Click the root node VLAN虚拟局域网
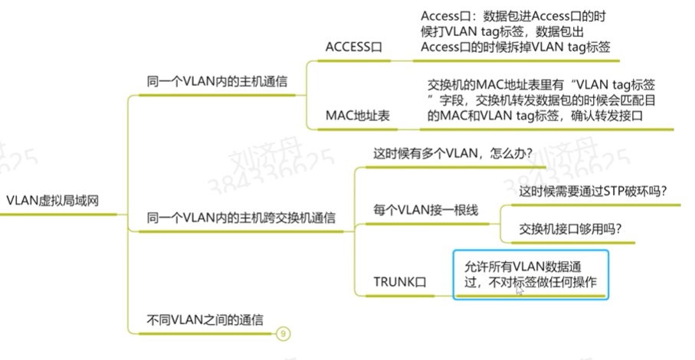pyautogui.click(x=53, y=201)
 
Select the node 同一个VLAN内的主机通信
pyautogui.click(x=217, y=81)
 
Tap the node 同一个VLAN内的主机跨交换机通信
pyautogui.click(x=241, y=218)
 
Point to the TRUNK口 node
pyautogui.click(x=398, y=282)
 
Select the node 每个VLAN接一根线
pyautogui.click(x=425, y=210)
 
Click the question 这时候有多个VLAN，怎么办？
pyautogui.click(x=452, y=152)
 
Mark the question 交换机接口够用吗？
pyautogui.click(x=570, y=228)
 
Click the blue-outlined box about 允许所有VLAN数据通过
pyautogui.click(x=530, y=274)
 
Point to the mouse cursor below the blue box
pyautogui.click(x=520, y=292)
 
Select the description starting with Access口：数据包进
pyautogui.click(x=515, y=31)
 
